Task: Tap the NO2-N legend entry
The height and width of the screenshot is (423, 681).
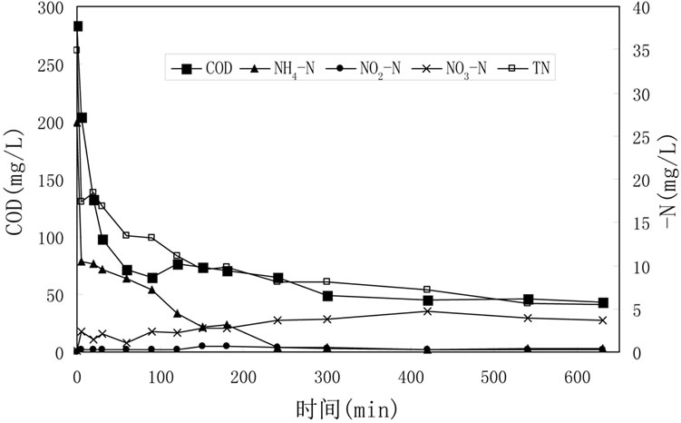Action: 366,68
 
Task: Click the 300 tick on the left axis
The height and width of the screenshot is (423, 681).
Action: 54,9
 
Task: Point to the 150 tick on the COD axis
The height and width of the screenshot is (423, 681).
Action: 54,181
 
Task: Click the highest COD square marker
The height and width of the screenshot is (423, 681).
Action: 78,26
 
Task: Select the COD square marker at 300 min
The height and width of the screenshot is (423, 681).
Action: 327,296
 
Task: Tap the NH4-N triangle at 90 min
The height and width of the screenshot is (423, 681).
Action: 152,290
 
